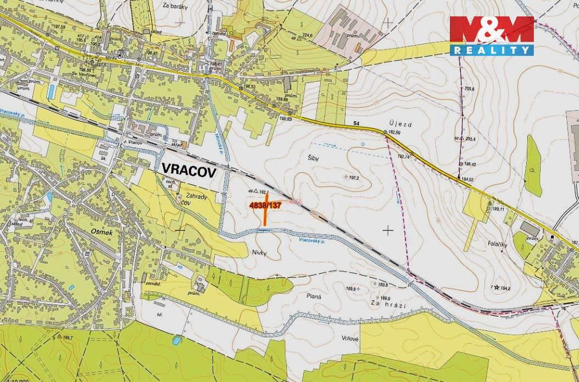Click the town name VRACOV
(188, 170)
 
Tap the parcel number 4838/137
(265, 205)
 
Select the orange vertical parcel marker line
(265, 217)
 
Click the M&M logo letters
(492, 30)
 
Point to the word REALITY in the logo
(492, 50)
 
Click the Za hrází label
(384, 304)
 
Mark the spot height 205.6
(469, 88)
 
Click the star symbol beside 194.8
(497, 287)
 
